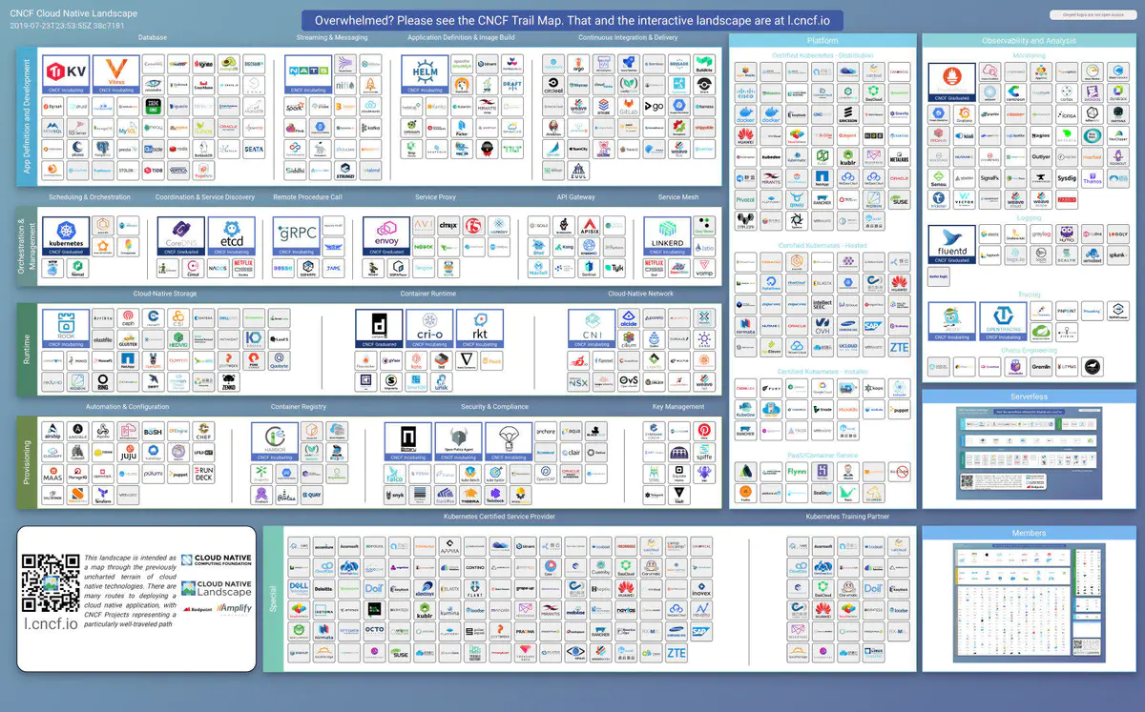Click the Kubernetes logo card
[x=66, y=235]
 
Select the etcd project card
[x=231, y=235]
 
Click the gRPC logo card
[x=296, y=235]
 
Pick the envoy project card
[x=386, y=235]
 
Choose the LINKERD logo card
[x=666, y=235]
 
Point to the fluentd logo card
[x=952, y=243]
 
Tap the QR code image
[x=52, y=583]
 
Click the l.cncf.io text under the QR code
[x=52, y=624]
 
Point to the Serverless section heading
[x=1029, y=397]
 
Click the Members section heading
[x=1029, y=534]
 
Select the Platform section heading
[x=822, y=41]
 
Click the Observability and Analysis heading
[x=1029, y=41]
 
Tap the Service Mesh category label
[x=677, y=197]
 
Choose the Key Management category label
[x=677, y=407]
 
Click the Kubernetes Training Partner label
[x=846, y=517]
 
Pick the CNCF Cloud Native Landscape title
[x=73, y=14]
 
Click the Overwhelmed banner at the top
[x=572, y=20]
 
